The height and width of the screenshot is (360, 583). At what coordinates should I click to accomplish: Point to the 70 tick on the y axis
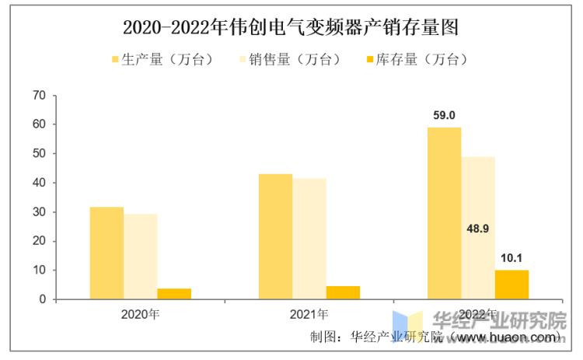tap(40, 96)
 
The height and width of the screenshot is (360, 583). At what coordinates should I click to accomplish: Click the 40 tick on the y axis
tap(40, 183)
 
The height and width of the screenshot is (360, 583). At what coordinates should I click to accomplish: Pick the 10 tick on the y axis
tap(40, 270)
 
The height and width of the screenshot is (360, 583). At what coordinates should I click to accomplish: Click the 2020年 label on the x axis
tap(140, 315)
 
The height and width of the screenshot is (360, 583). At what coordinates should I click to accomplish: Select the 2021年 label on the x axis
tap(309, 315)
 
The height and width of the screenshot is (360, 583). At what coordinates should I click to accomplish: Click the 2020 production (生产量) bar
tap(106, 253)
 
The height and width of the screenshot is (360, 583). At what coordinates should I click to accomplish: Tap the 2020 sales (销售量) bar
tap(140, 257)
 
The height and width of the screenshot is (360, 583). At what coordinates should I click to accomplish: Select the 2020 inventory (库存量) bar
tap(174, 294)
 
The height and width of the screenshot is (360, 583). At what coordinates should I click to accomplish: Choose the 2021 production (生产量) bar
tap(275, 236)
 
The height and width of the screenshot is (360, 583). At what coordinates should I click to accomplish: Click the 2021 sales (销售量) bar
tap(309, 239)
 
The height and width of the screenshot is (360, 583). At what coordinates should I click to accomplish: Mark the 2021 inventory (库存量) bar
tap(343, 292)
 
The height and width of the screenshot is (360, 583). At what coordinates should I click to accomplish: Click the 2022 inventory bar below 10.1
tap(511, 285)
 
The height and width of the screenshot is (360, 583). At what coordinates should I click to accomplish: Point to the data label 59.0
tap(444, 115)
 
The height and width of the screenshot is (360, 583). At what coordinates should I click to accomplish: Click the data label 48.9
tap(477, 230)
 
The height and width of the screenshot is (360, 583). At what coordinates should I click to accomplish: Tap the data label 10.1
tap(511, 257)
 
